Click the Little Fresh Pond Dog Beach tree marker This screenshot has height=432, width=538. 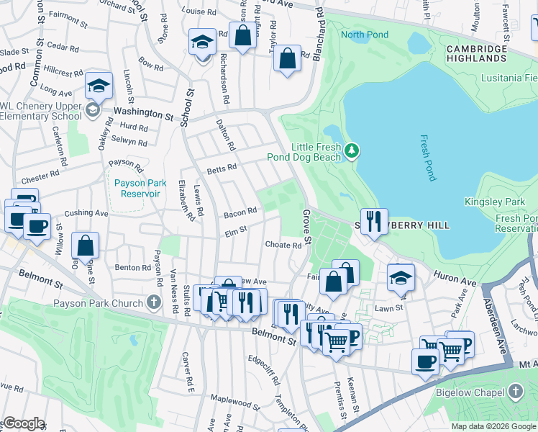pos(352,150)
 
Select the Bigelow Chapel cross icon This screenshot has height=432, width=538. pos(514,392)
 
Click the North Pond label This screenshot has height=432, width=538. pos(365,35)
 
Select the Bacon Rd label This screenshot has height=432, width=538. pos(240,212)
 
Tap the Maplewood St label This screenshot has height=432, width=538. pos(234,398)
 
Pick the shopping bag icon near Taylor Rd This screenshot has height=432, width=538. pos(287,58)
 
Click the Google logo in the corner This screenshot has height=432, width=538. pos(23,423)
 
